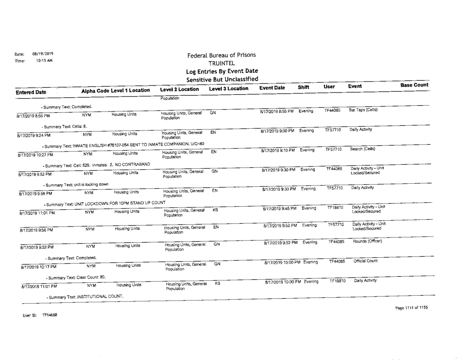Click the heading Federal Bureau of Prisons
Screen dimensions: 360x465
(221, 55)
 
